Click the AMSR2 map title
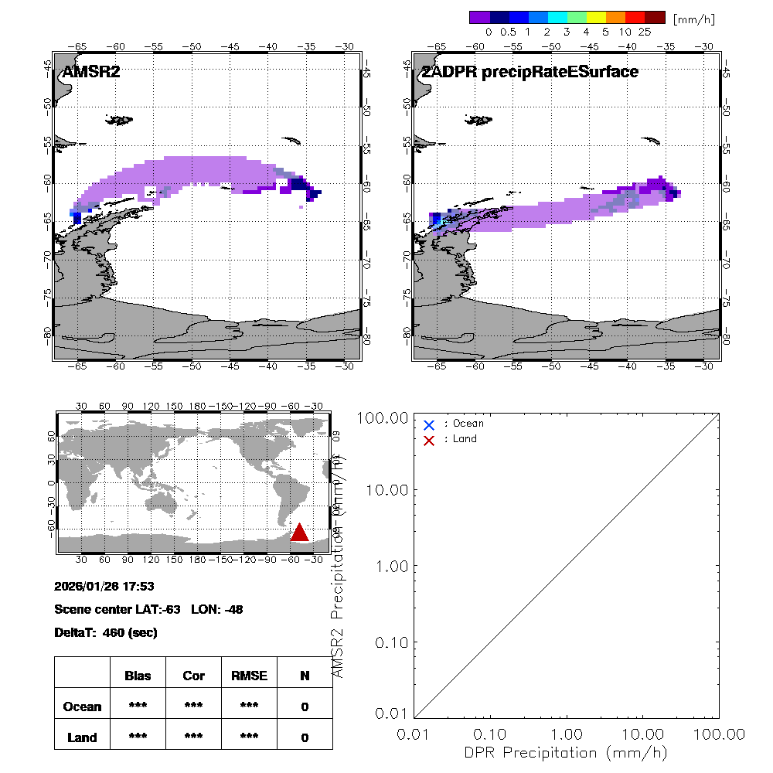click(x=91, y=72)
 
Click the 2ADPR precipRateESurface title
click(x=530, y=72)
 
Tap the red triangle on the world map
click(x=300, y=532)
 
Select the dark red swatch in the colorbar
click(x=655, y=16)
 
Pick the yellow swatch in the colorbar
click(x=596, y=16)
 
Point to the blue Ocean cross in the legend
click(x=429, y=424)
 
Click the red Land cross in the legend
click(x=429, y=440)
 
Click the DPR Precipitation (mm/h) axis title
click(x=566, y=752)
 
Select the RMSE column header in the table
click(x=249, y=676)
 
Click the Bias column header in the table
click(x=138, y=676)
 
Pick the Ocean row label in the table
click(x=82, y=707)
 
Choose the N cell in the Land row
click(x=305, y=737)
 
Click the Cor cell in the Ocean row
click(x=193, y=707)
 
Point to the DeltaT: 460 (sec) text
click(x=106, y=632)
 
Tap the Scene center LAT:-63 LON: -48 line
click(x=149, y=609)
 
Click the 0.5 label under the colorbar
click(x=508, y=32)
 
